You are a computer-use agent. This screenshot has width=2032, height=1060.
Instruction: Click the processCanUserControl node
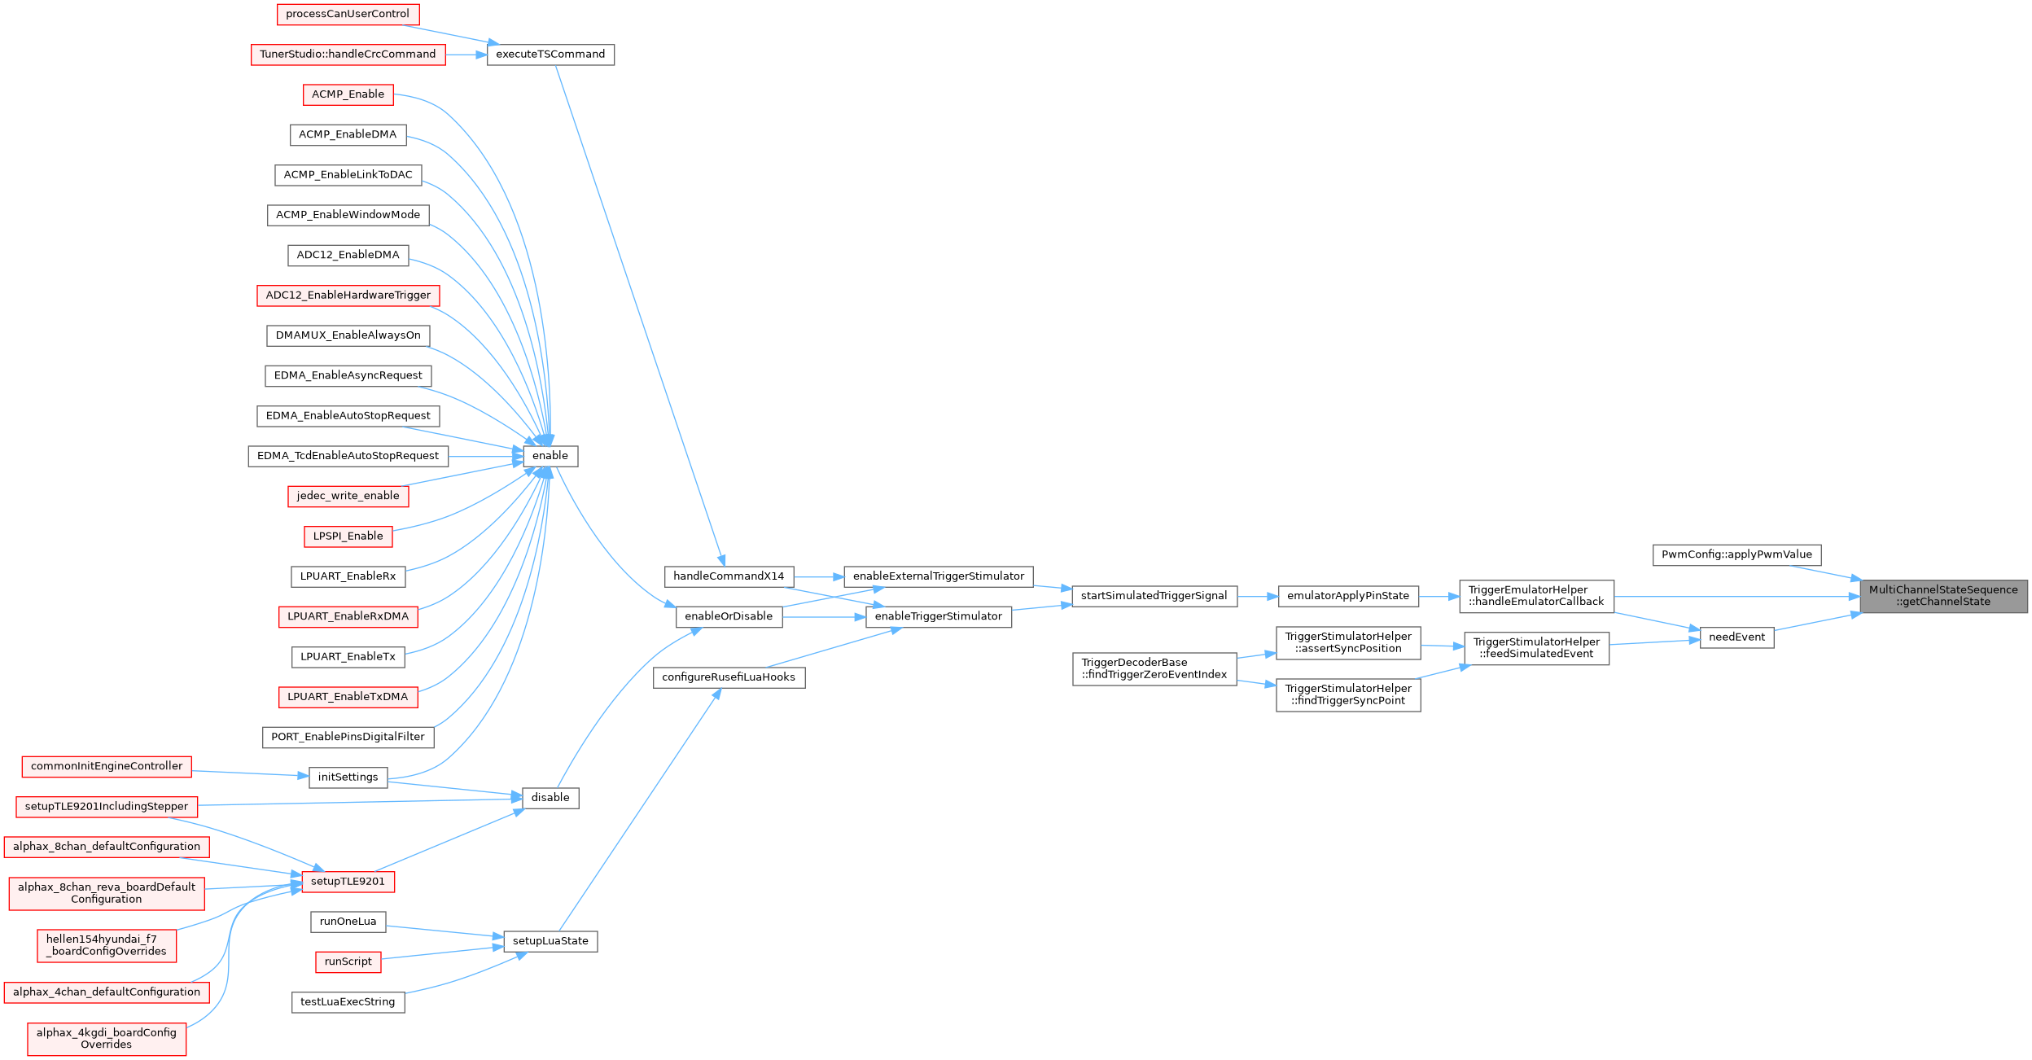[x=348, y=14]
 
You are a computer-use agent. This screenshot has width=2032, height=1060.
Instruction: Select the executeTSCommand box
[x=550, y=55]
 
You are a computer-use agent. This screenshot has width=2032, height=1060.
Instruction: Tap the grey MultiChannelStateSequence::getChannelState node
[x=1943, y=596]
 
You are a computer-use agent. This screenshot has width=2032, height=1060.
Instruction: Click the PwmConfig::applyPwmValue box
[x=1736, y=555]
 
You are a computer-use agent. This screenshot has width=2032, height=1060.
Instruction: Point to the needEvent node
[x=1736, y=637]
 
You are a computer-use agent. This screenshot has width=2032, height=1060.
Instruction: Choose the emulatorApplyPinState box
[x=1348, y=596]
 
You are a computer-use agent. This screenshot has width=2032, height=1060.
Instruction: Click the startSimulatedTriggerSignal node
[x=1154, y=596]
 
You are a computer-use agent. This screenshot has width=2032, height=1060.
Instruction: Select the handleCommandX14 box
[x=729, y=576]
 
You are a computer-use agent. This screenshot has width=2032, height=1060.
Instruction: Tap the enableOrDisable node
[x=729, y=616]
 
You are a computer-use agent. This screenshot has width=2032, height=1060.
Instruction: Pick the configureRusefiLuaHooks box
[x=729, y=677]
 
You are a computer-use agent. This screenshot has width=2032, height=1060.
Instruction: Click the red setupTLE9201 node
[x=348, y=882]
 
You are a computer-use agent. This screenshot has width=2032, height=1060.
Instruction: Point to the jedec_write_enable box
[x=348, y=496]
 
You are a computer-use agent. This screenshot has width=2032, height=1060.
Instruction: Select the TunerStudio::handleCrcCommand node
[x=348, y=55]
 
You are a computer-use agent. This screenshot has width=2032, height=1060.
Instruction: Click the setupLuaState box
[x=550, y=941]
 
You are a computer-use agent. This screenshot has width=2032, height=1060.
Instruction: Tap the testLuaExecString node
[x=348, y=1002]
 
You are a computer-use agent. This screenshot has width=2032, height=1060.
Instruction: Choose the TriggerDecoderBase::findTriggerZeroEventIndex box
[x=1154, y=668]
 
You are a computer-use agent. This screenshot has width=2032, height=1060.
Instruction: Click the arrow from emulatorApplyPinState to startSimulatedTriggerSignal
[x=1258, y=596]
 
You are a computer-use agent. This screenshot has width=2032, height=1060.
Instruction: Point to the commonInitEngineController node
[x=107, y=766]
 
